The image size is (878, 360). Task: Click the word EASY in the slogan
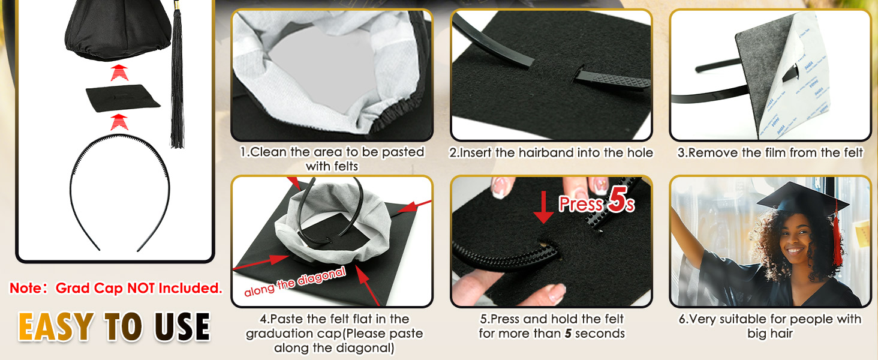tap(56, 326)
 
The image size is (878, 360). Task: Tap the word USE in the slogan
tap(183, 326)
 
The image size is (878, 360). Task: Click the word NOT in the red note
tap(141, 288)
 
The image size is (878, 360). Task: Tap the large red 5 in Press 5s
tap(617, 200)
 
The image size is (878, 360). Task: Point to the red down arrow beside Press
tap(543, 206)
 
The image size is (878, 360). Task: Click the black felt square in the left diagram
tap(123, 98)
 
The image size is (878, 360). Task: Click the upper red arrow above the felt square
tap(119, 73)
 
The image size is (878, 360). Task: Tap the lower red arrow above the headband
tap(119, 122)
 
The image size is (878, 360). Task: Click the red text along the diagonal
tap(294, 281)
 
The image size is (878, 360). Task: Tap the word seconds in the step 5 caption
tap(600, 334)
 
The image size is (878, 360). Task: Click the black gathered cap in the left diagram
tap(118, 30)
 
